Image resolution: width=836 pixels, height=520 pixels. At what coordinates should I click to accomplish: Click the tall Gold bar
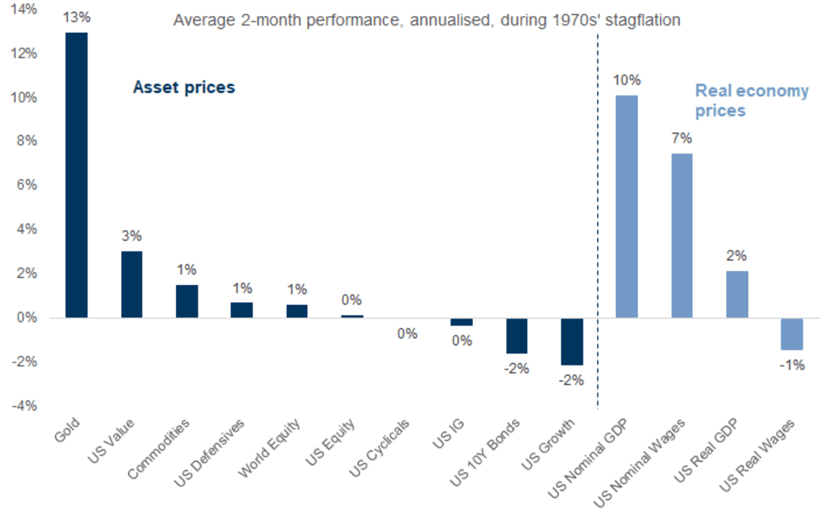[x=76, y=175]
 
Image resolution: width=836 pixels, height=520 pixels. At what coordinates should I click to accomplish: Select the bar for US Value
[x=131, y=284]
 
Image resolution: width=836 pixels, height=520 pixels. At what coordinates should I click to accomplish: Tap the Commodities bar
[x=186, y=301]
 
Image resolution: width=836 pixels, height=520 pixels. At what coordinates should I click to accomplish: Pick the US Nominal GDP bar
[x=627, y=206]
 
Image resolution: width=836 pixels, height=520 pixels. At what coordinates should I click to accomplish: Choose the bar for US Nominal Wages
[x=682, y=236]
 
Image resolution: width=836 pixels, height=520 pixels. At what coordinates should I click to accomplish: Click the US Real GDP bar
[x=736, y=295]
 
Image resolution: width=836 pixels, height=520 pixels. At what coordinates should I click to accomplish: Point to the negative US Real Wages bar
[x=791, y=334]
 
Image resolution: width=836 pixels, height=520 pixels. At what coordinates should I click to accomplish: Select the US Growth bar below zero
[x=572, y=342]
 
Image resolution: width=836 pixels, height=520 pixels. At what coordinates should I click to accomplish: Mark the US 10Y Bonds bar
[x=517, y=336]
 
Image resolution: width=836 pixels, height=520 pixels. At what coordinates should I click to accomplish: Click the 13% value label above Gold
[x=76, y=18]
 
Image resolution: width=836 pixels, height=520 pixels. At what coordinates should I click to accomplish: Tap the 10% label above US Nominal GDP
[x=627, y=80]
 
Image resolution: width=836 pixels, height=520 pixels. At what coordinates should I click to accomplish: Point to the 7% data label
[x=682, y=139]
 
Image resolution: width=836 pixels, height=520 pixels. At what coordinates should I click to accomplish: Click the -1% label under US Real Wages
[x=792, y=366]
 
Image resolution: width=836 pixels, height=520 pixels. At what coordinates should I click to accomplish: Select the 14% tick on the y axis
[x=23, y=10]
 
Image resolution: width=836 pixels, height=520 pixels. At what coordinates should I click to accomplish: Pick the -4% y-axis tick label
[x=25, y=406]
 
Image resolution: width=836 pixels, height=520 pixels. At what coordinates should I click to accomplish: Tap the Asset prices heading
[x=184, y=88]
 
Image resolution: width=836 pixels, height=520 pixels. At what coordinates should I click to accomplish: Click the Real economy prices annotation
[x=752, y=101]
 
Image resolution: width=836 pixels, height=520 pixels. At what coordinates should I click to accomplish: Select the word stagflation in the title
[x=643, y=21]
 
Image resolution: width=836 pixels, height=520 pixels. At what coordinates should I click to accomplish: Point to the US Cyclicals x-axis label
[x=379, y=448]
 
